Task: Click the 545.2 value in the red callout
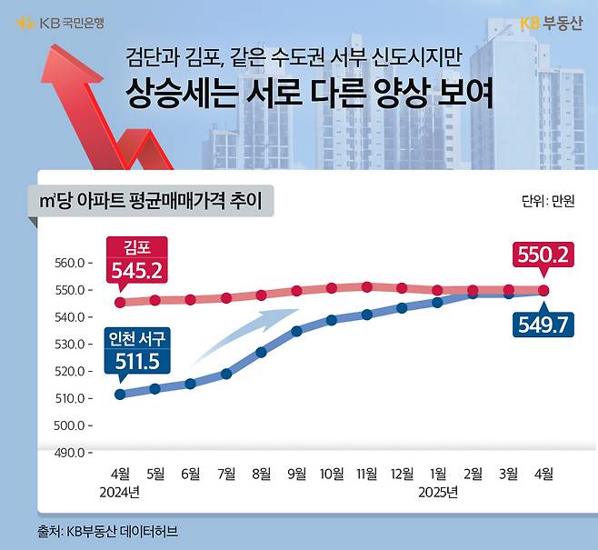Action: pyautogui.click(x=136, y=270)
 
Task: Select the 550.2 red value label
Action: pyautogui.click(x=543, y=255)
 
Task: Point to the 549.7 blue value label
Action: pyautogui.click(x=543, y=324)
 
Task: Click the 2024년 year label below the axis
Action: pyautogui.click(x=121, y=493)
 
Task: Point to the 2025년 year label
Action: pyautogui.click(x=438, y=493)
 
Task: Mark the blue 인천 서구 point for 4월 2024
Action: pyautogui.click(x=120, y=395)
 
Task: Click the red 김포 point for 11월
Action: pyautogui.click(x=366, y=287)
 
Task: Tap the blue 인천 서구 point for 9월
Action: pyautogui.click(x=296, y=331)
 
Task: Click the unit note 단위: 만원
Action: pyautogui.click(x=548, y=201)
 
